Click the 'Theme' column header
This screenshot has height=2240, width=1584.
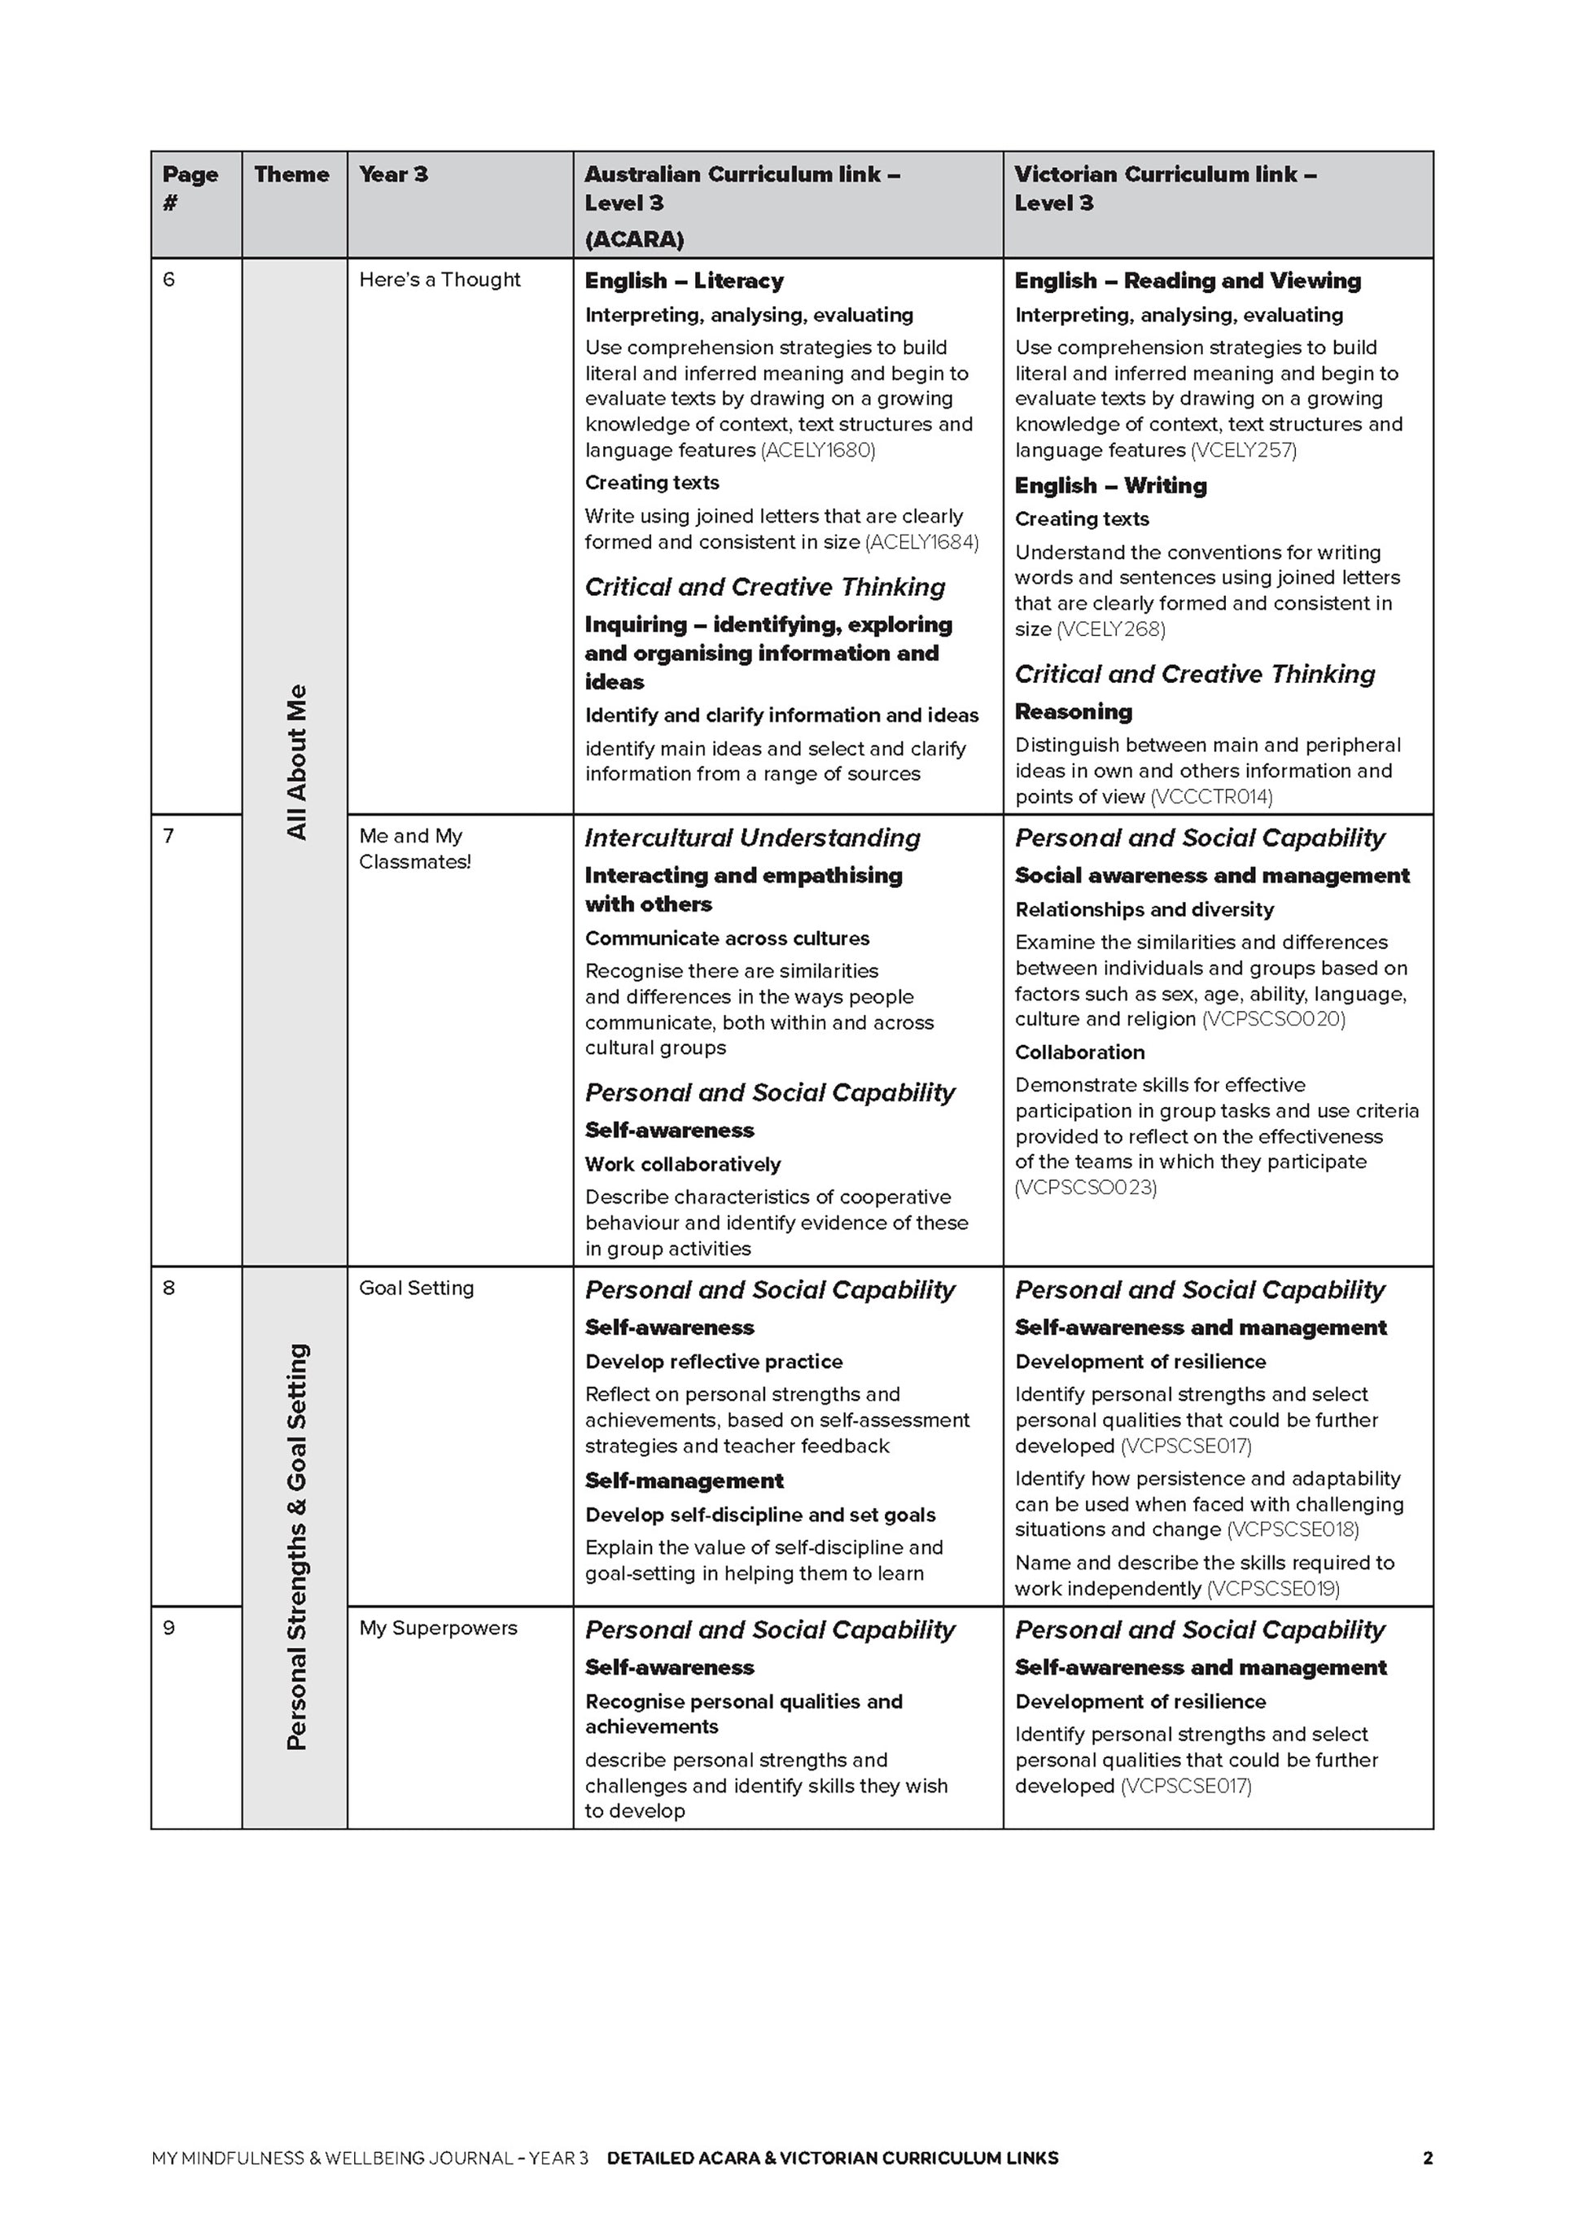coord(291,175)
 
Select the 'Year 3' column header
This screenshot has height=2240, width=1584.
coord(393,175)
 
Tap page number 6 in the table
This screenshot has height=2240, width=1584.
coord(169,280)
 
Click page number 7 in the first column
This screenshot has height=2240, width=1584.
coord(168,836)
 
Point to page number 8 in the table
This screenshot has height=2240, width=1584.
coord(168,1288)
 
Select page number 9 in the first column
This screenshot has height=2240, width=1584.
coord(168,1627)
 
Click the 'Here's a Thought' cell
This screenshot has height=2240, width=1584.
coord(440,280)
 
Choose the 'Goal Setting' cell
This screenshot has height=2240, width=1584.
coord(417,1288)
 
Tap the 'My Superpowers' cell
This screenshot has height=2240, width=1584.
coord(438,1627)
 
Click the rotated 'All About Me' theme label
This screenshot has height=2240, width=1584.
coord(296,762)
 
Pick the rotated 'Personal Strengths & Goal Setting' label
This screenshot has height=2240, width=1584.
coord(296,1547)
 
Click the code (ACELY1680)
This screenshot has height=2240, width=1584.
coord(817,450)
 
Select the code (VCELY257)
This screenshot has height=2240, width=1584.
coord(1244,450)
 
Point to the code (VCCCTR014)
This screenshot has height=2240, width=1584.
coord(1211,797)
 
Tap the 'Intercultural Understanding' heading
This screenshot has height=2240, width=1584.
coord(752,838)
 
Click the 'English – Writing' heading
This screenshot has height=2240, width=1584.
coord(1110,486)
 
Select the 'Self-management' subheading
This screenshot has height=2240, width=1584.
coord(684,1481)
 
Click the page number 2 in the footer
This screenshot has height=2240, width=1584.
coord(1428,2158)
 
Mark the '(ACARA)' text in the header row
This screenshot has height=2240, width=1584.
coord(634,239)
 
